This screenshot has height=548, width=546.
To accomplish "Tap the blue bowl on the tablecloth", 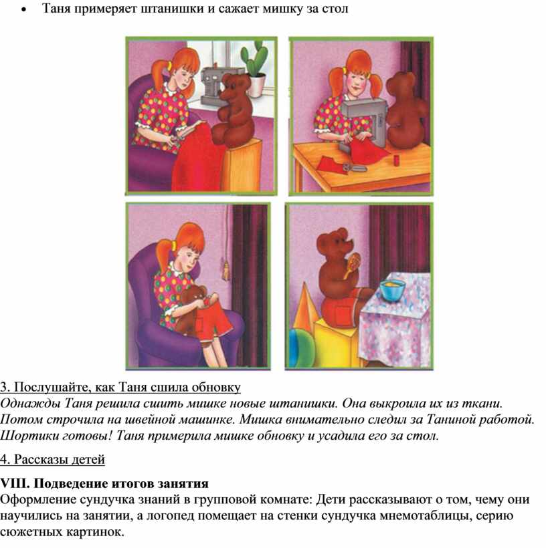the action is [393, 290].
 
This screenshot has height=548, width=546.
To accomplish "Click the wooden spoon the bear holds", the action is [353, 265].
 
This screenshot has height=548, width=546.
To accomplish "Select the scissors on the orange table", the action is [354, 168].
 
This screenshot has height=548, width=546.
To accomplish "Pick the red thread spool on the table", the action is [397, 160].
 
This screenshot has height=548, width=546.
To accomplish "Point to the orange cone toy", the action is [304, 307].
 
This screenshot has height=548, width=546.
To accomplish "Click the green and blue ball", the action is [300, 348].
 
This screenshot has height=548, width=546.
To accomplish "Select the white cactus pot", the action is [256, 86].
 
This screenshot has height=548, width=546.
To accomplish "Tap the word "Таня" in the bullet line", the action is [57, 9].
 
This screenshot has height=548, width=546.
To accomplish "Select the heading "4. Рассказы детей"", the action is [52, 459].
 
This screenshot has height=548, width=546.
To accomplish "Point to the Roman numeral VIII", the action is [15, 484].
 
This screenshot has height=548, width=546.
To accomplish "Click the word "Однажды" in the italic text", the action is [30, 404].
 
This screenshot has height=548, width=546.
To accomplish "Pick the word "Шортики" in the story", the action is [28, 436].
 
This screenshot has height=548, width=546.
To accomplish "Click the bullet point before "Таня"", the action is [23, 10].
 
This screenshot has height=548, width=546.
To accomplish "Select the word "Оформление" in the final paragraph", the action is [37, 500].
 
